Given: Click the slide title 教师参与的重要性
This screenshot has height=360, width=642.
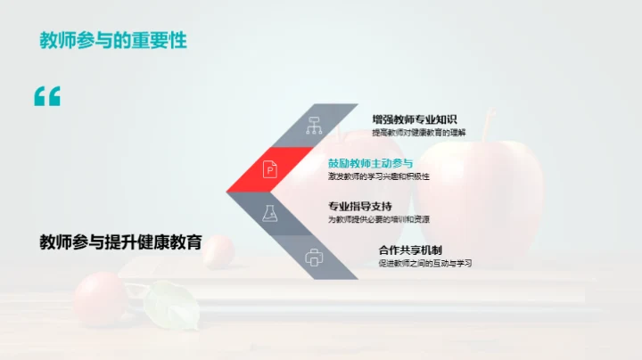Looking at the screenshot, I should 113,41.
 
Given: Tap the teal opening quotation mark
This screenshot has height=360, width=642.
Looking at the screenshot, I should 46,97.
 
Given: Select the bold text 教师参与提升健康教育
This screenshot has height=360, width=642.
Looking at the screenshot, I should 120,242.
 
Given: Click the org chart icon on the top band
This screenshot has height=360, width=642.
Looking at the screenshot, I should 314,125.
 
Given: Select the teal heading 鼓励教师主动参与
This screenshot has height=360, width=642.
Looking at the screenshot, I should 370,163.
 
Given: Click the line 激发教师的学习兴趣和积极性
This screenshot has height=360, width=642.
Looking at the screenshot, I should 378,176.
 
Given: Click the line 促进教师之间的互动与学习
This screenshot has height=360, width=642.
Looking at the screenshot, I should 424,264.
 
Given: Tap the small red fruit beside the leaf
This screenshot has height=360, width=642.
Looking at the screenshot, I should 99,297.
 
